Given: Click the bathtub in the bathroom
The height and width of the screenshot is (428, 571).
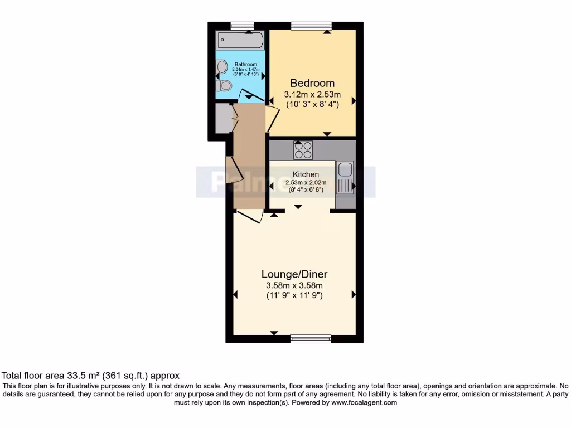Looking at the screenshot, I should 240,40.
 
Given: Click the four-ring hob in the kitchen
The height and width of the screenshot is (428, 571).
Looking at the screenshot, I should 303,150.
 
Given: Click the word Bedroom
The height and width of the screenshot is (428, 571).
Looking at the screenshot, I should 312,84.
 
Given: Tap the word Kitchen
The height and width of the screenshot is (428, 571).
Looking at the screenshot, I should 302,174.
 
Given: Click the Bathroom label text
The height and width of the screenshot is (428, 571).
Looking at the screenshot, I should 245,65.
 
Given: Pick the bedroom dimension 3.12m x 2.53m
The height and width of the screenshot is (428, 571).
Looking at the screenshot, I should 312,94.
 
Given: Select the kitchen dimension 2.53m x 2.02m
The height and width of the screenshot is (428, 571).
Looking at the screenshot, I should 302,182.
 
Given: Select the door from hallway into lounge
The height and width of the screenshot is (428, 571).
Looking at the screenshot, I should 249,216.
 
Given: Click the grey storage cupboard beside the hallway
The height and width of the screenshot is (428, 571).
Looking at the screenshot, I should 222,117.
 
